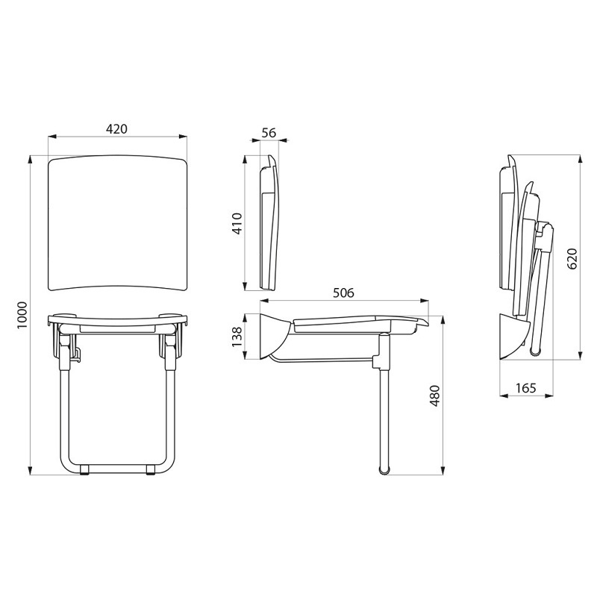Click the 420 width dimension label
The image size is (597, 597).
click(x=116, y=129)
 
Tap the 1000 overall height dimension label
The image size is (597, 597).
click(x=22, y=316)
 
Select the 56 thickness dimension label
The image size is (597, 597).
click(x=269, y=133)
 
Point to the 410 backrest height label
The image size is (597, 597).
click(x=237, y=223)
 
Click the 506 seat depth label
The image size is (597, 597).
click(x=343, y=293)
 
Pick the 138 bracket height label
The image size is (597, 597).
click(x=237, y=337)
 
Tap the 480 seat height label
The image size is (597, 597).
click(x=434, y=396)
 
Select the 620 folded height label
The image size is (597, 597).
click(x=572, y=259)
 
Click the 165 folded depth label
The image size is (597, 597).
click(x=526, y=388)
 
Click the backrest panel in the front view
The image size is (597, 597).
click(x=118, y=222)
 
